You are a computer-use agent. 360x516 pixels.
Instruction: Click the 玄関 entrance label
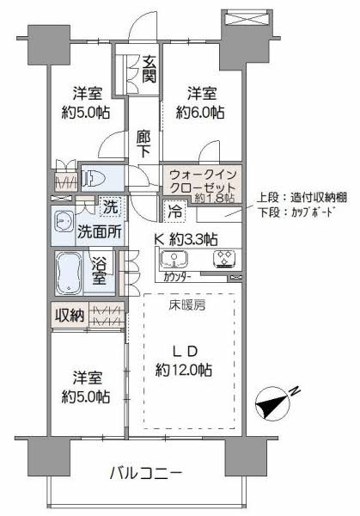149,69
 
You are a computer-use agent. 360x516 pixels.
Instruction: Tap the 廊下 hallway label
143,142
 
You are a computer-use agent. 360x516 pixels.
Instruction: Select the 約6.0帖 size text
201,113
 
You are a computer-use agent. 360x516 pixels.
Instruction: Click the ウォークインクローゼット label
201,179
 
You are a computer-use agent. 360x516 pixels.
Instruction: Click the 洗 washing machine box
110,206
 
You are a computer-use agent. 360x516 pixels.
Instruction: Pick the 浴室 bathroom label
101,270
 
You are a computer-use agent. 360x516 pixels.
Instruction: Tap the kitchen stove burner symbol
225,259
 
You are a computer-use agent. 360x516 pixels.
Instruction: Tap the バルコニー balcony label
145,472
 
